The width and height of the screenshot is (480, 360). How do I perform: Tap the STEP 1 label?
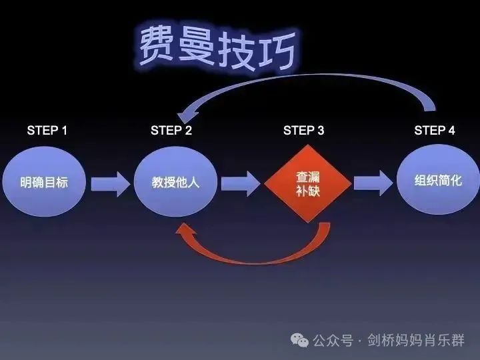point(47,131)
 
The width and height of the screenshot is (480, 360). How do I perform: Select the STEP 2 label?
point(171,131)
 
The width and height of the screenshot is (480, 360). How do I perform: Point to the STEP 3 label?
point(304,131)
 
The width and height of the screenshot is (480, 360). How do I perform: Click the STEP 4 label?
point(435,131)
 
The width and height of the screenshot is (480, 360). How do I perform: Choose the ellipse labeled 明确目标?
point(44,181)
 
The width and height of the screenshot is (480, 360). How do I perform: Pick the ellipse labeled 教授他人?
point(176,181)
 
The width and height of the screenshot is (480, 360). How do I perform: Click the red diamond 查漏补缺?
point(307,184)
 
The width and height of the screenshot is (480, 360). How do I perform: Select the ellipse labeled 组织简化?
point(438,179)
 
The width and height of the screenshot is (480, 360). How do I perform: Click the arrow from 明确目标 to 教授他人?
point(111,184)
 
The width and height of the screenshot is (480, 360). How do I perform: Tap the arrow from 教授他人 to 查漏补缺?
point(241,184)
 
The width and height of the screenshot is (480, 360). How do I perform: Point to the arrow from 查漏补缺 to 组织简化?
point(373,183)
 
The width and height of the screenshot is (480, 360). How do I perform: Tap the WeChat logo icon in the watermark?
point(299,340)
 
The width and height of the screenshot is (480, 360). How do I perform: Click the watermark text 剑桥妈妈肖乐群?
point(416,340)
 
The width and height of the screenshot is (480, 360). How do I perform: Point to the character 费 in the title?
point(157,45)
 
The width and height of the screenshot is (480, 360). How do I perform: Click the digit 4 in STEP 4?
point(451,131)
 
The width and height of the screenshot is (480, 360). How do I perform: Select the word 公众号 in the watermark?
point(333,341)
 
